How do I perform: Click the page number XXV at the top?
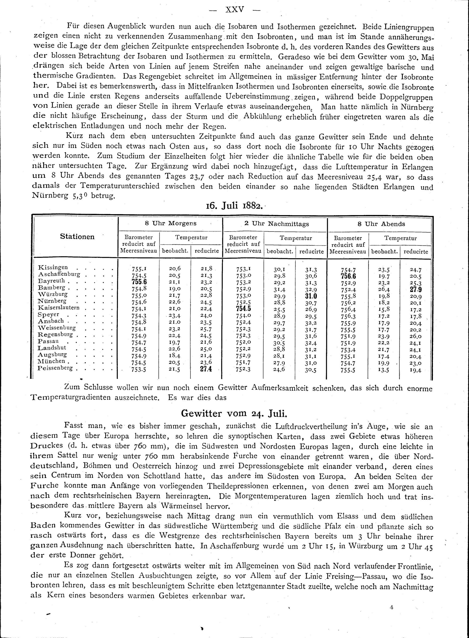(234, 10)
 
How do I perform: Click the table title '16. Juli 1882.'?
(234, 205)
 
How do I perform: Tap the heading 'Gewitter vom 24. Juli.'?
(234, 413)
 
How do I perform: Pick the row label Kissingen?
(53, 267)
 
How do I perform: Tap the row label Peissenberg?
(55, 368)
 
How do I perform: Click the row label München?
(51, 361)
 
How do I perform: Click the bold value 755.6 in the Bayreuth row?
(139, 282)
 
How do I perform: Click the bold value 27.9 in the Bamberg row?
(416, 290)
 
